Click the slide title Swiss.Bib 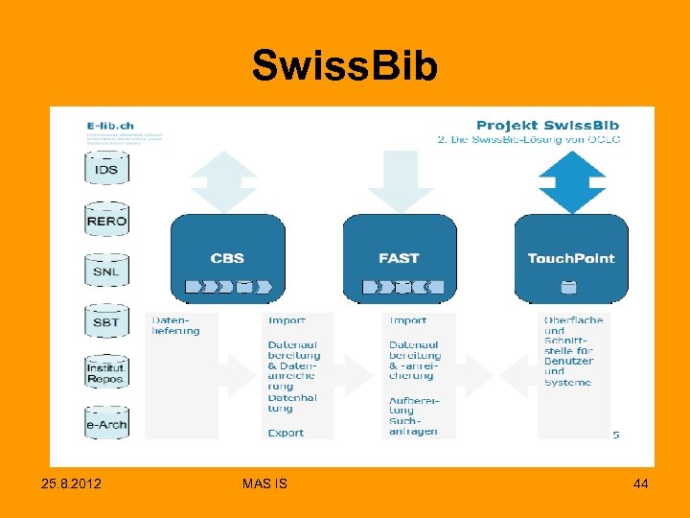(x=344, y=66)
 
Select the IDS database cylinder (x=106, y=170)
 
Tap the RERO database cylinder (x=106, y=221)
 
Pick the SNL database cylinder (x=106, y=271)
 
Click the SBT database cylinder (x=106, y=322)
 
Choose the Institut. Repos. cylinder (x=106, y=373)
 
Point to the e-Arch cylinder (x=106, y=424)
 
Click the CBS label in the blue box (x=227, y=258)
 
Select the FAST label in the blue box (x=399, y=258)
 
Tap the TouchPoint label (x=571, y=258)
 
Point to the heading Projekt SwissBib (x=547, y=124)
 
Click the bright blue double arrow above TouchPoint (x=572, y=182)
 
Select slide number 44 (x=640, y=484)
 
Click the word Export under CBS (x=286, y=433)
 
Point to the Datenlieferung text (x=176, y=325)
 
